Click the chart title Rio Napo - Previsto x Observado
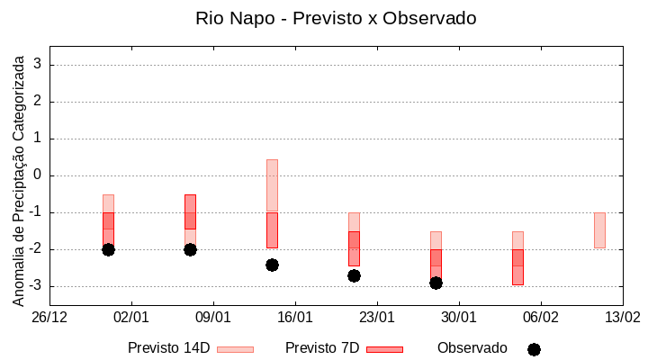[x=336, y=18]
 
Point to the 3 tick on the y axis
[x=38, y=65]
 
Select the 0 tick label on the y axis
[x=38, y=175]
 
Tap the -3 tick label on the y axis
[x=34, y=286]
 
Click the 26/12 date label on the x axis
[x=49, y=317]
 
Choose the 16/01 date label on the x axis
[x=295, y=317]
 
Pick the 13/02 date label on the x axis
[x=622, y=317]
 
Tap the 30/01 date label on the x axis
[x=459, y=317]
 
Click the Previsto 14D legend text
[x=168, y=348]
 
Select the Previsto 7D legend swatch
[x=384, y=349]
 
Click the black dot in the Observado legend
[x=534, y=349]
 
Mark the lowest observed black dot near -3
[x=436, y=283]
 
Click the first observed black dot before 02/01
[x=108, y=249]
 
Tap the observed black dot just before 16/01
[x=272, y=265]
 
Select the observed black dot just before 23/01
[x=354, y=275]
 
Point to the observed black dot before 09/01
[x=190, y=249]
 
